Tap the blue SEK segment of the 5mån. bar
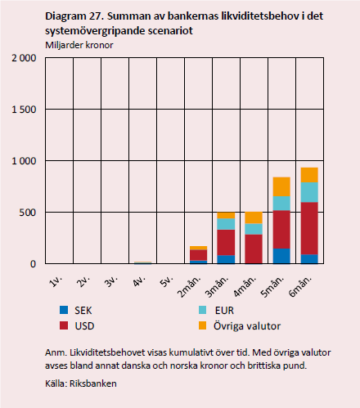click(281, 255)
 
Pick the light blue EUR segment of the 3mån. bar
click(225, 224)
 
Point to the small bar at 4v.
click(142, 262)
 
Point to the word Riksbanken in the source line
click(93, 382)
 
